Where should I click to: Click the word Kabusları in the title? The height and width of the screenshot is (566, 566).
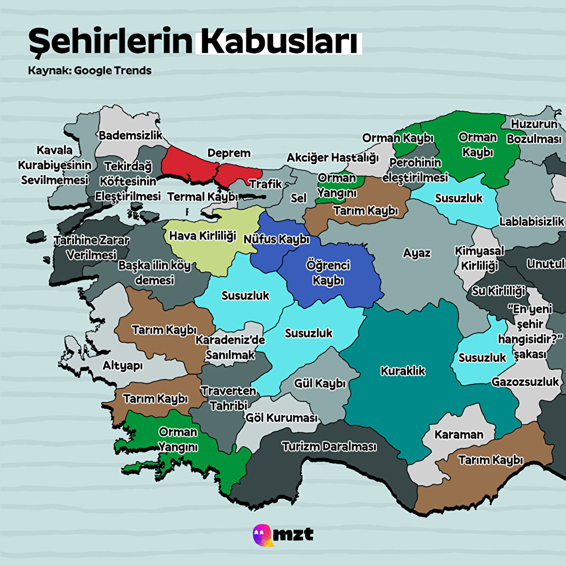279,42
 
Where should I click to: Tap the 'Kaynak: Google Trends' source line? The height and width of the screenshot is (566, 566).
90,71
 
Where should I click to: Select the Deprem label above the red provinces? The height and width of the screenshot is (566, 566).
229,153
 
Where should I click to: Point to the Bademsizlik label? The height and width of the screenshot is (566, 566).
130,135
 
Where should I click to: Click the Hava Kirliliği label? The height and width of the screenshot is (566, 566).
202,235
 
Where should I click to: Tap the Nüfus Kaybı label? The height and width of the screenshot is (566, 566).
276,239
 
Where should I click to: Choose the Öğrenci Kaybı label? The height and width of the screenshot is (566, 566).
328,273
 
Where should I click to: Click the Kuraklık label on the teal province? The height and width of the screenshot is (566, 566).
403,371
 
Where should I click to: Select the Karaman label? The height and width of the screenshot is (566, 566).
459,434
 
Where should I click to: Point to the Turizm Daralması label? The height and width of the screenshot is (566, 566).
329,446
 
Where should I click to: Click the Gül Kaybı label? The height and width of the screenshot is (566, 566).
320,383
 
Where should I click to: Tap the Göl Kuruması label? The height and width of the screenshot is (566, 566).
282,417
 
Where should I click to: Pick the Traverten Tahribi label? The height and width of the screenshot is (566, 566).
228,398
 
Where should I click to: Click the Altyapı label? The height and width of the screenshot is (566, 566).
123,366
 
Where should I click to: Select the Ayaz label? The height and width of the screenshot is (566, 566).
416,253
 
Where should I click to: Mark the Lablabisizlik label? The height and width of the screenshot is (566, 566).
532,221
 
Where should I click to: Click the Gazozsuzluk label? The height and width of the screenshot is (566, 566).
525,382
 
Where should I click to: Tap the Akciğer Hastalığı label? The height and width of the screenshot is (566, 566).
333,158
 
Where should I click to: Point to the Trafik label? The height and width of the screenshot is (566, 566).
266,184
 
